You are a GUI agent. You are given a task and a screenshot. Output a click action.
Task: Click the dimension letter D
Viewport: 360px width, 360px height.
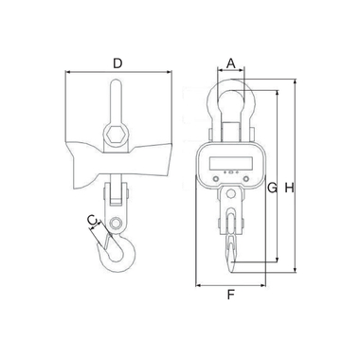[117, 63]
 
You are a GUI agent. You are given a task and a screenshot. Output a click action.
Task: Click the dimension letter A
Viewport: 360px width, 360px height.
[231, 63]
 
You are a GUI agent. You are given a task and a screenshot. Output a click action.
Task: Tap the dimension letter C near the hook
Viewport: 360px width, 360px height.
[91, 220]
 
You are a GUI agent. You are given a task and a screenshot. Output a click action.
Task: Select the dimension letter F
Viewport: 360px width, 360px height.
[231, 295]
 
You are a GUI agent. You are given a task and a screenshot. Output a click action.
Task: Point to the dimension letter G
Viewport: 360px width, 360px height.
[272, 189]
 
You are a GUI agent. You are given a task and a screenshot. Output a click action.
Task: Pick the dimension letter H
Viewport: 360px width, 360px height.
[289, 189]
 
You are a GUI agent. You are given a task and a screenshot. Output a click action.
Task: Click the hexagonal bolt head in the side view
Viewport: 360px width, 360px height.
[116, 135]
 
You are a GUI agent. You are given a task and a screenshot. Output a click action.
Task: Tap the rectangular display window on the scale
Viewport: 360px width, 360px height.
[231, 163]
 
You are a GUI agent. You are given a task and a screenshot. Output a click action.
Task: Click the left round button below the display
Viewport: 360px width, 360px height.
[216, 179]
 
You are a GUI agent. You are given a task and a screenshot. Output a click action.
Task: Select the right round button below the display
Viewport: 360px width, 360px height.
[245, 179]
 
